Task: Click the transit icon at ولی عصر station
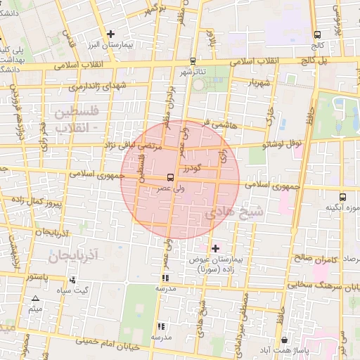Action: (x=171, y=178)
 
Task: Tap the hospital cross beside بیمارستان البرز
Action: (x=110, y=34)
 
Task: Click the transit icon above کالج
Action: (x=318, y=34)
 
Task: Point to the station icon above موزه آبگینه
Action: (x=342, y=198)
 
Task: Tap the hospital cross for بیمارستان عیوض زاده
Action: (x=215, y=248)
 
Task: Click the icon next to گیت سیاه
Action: (x=72, y=280)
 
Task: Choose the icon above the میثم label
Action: (x=35, y=299)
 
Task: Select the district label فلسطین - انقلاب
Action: (x=78, y=120)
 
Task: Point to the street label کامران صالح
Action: (x=313, y=258)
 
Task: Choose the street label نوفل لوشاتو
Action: (x=281, y=144)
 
